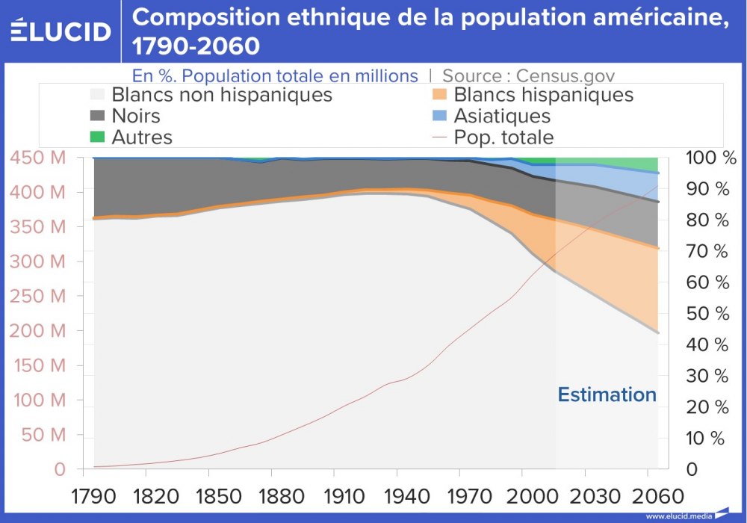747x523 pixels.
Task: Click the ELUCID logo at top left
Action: [61, 31]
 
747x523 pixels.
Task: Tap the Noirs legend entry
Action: [135, 116]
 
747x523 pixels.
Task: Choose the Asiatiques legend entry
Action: [502, 116]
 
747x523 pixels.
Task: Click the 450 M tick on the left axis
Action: [37, 158]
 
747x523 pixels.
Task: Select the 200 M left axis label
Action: [37, 331]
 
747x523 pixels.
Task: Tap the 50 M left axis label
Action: [41, 435]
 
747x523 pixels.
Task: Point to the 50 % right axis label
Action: [707, 314]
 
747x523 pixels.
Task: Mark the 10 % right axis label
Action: [707, 438]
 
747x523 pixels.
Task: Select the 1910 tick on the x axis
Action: [334, 495]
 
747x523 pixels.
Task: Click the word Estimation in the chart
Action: [607, 394]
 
